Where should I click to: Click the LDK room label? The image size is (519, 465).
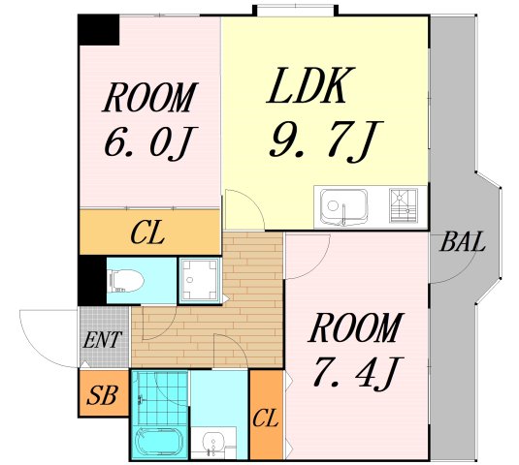pyautogui.click(x=310, y=85)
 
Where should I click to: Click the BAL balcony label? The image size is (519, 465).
pyautogui.click(x=463, y=241)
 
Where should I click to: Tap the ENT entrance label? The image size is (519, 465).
pyautogui.click(x=102, y=339)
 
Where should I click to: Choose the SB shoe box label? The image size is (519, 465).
pyautogui.click(x=102, y=395)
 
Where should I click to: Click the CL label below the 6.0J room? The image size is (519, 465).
pyautogui.click(x=147, y=233)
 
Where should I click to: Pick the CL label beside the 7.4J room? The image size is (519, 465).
pyautogui.click(x=265, y=418)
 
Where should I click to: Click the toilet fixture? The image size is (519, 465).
pyautogui.click(x=125, y=281)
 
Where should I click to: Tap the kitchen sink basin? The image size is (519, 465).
pyautogui.click(x=344, y=207)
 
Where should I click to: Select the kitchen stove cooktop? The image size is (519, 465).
pyautogui.click(x=404, y=205)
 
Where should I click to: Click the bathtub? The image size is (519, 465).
pyautogui.click(x=160, y=443)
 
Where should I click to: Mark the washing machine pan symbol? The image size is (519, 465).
pyautogui.click(x=199, y=280)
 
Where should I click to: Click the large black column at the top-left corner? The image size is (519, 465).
pyautogui.click(x=99, y=30)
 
